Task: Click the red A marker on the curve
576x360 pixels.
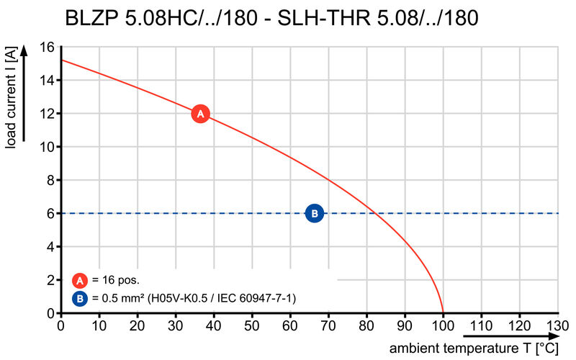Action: pos(200,114)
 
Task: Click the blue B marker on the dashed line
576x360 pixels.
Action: pos(315,213)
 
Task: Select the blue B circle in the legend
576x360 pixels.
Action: pos(80,297)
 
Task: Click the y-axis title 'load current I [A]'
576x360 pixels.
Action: pos(11,98)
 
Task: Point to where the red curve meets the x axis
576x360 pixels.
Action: pos(443,313)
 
